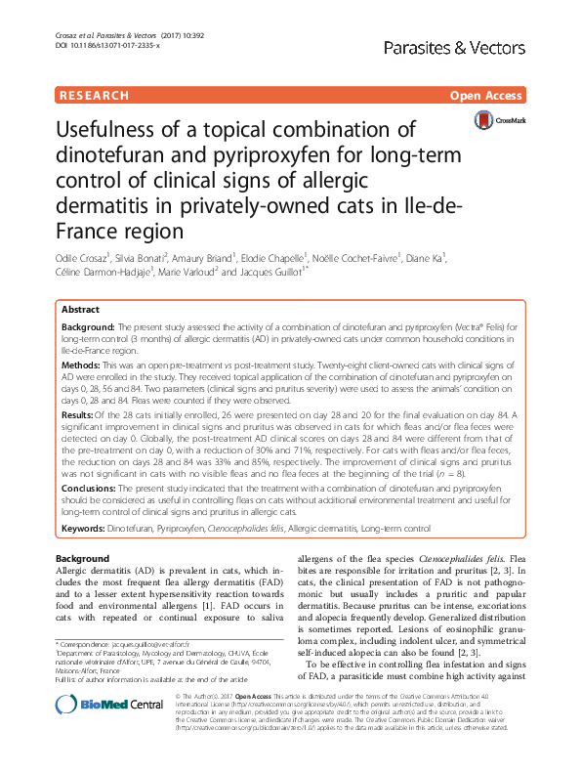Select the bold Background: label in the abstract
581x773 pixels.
(89, 323)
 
